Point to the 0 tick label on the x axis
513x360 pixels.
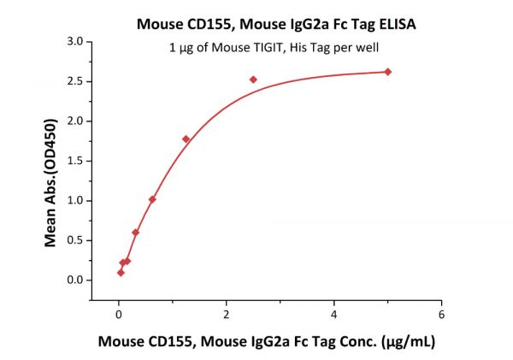coord(119,314)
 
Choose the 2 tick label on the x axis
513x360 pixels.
coord(227,314)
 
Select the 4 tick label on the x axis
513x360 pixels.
coord(334,314)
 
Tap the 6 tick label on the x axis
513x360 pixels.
coord(441,314)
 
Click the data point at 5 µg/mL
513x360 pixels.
coord(387,72)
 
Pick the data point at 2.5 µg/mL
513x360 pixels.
coord(253,80)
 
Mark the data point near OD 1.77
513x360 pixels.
coord(186,139)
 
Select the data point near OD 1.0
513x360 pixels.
coord(152,199)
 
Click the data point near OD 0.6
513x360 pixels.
coord(136,232)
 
